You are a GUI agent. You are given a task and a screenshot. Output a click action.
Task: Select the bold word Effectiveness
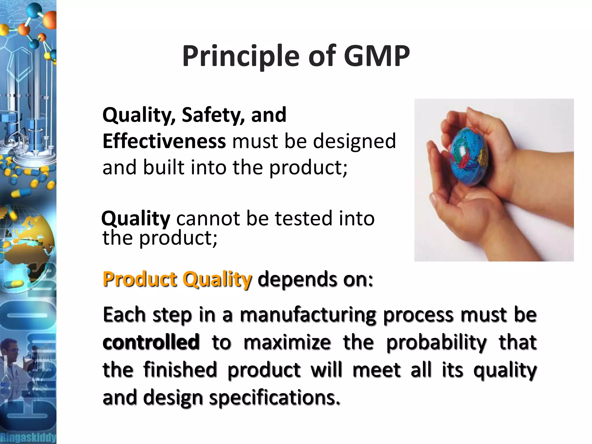click(x=164, y=141)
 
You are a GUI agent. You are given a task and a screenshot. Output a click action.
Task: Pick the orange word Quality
click(x=217, y=280)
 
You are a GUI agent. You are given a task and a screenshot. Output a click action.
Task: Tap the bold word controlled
click(x=151, y=342)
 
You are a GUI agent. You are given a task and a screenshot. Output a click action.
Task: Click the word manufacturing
click(x=308, y=315)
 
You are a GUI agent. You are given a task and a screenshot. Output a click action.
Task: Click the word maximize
click(x=287, y=342)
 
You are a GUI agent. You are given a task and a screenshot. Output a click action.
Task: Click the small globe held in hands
click(x=470, y=156)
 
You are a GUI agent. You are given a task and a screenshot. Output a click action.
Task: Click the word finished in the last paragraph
click(x=180, y=370)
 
